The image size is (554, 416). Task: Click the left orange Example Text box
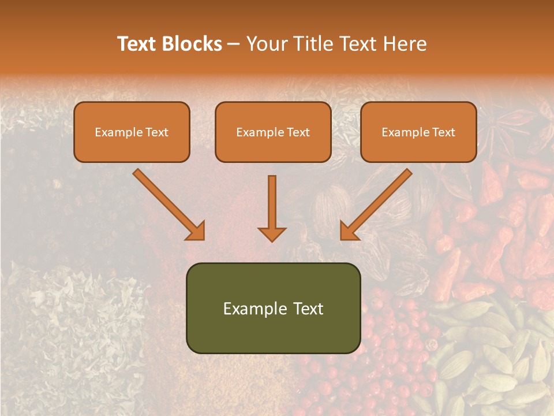(x=132, y=132)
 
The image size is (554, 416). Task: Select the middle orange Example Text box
(x=273, y=132)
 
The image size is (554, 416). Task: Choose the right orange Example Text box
(x=418, y=132)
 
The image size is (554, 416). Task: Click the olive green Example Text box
(x=273, y=309)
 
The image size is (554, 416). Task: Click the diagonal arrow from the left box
(x=167, y=202)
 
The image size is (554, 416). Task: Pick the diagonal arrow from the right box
(x=378, y=202)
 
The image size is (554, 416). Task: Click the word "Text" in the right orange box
(x=443, y=132)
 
